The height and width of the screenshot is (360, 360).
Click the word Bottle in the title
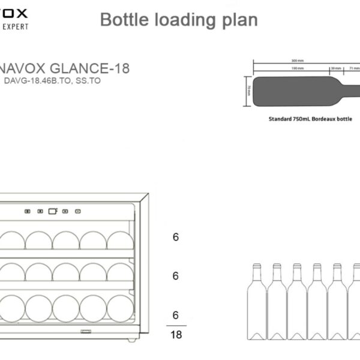coord(121,20)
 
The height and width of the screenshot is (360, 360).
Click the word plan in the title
coord(239,20)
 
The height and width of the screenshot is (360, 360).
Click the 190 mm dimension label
coord(296,68)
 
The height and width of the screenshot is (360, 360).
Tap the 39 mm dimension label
coord(336,68)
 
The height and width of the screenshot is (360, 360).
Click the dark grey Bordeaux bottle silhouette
coord(294,91)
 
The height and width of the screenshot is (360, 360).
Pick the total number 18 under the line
coord(176,335)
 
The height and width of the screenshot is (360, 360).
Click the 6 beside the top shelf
coord(176,237)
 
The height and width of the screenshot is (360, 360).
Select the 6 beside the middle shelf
coord(176,276)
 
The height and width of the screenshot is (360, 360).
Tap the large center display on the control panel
coord(52,211)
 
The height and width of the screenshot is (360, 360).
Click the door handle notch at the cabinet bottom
coord(86,330)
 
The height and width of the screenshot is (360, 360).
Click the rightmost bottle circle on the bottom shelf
coord(120,308)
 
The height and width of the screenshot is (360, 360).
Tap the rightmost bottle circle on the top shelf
coord(120,241)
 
